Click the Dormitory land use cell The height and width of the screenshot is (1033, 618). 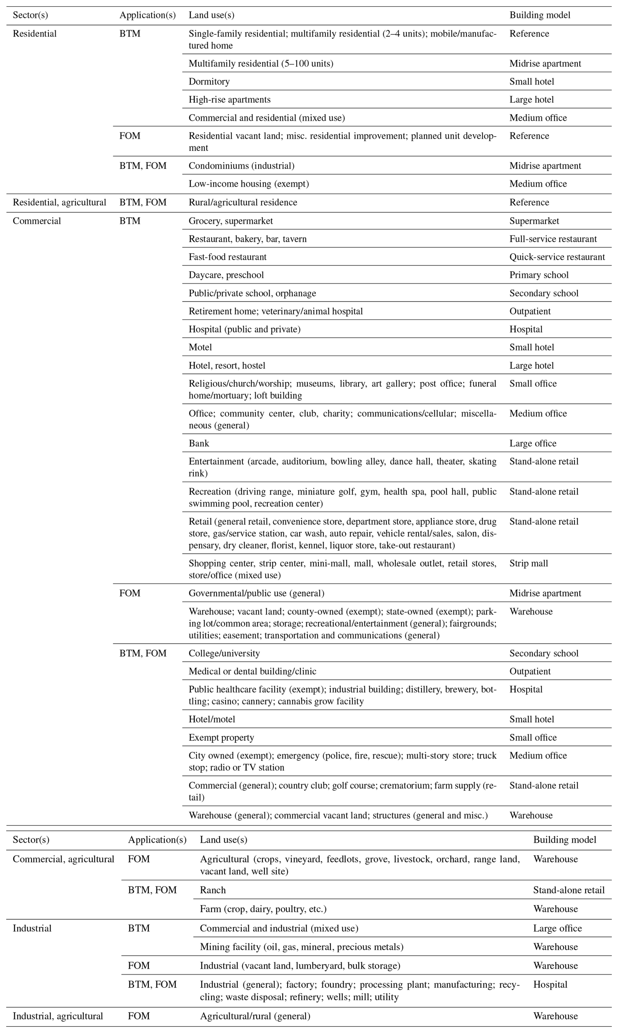coord(209,81)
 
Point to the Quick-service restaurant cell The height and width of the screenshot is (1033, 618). coord(557,257)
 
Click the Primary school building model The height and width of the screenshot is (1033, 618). coord(539,275)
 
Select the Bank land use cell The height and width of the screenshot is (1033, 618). coord(199,443)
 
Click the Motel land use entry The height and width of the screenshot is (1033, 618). coord(200,347)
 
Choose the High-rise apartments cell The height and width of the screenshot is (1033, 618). coord(229,100)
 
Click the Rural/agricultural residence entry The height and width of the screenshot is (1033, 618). coord(243,202)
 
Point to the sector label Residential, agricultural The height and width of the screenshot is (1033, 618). coord(59,202)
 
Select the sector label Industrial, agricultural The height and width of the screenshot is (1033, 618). coord(57,1016)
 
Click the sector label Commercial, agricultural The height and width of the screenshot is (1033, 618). coord(63,859)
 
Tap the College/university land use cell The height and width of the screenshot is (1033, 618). coord(224,653)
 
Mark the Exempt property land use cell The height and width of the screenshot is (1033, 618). coord(221,737)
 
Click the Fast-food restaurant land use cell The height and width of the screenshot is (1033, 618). coord(227,257)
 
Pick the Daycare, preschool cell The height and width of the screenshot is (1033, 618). coord(226,275)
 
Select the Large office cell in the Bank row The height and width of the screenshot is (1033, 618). coord(533,443)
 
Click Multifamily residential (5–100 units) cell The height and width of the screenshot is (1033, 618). coord(261,63)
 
